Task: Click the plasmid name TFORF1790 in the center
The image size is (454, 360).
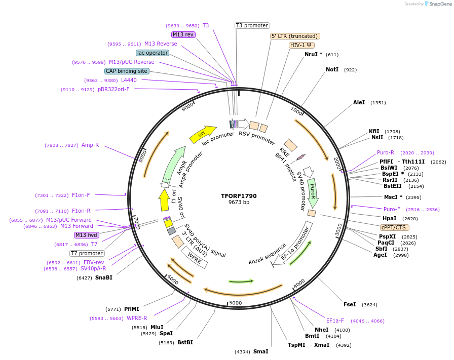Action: [239, 195]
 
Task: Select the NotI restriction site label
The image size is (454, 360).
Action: [332, 69]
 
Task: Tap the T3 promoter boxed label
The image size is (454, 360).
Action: [252, 25]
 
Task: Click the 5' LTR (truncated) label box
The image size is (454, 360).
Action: [295, 36]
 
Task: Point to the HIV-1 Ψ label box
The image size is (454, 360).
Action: [301, 45]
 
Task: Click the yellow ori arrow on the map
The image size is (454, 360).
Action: [202, 134]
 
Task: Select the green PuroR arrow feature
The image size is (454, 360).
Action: [313, 192]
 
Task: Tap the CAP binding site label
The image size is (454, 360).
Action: [127, 71]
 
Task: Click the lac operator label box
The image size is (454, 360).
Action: [152, 53]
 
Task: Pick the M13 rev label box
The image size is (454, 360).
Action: [183, 34]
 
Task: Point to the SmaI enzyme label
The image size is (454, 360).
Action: [260, 351]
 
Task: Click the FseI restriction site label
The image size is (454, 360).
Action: [350, 304]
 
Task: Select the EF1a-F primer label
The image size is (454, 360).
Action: [335, 321]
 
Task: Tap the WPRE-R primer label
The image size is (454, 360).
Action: [137, 318]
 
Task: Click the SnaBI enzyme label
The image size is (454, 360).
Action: [104, 277]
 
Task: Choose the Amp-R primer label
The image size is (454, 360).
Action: [90, 145]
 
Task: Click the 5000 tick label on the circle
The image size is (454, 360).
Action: [236, 303]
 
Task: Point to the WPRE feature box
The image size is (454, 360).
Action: [195, 259]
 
